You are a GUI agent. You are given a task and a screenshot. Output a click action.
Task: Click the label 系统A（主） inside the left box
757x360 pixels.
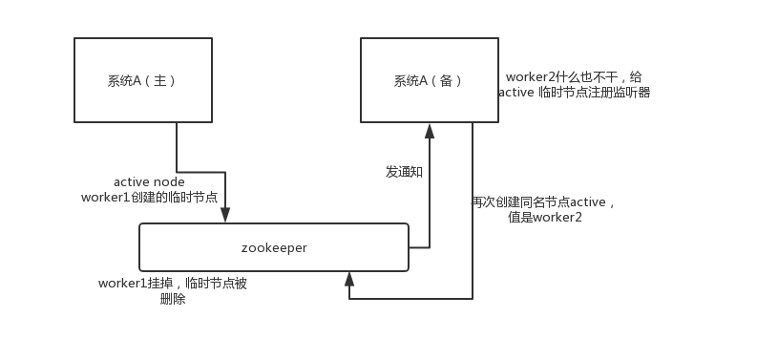(x=142, y=81)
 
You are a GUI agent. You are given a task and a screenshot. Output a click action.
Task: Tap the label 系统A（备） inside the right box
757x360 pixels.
(x=429, y=81)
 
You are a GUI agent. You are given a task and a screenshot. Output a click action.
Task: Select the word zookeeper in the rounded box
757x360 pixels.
(x=274, y=247)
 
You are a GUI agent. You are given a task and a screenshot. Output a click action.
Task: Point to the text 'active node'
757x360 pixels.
(x=149, y=181)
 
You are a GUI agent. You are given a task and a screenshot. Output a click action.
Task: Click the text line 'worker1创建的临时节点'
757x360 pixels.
(x=149, y=197)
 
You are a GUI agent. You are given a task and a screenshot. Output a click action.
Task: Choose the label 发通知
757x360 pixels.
(x=404, y=172)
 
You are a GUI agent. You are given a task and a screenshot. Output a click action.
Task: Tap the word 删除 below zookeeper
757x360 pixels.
(x=173, y=299)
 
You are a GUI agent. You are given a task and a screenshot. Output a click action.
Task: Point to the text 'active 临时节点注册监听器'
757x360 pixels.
(x=574, y=93)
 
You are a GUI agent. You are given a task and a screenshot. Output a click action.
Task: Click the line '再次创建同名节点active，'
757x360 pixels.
(x=544, y=201)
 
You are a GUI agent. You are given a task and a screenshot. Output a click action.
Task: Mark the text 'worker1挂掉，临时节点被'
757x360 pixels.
(x=173, y=284)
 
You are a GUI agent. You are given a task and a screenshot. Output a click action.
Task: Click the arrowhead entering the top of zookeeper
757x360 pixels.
(x=225, y=216)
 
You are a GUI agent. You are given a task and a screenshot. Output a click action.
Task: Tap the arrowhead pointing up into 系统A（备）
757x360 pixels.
(x=430, y=130)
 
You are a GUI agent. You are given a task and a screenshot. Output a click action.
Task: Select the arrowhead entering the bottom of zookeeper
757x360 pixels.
(x=349, y=279)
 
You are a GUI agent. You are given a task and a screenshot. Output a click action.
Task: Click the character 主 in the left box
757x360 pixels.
(x=159, y=81)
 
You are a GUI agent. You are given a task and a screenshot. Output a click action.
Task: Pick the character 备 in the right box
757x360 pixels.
(x=446, y=81)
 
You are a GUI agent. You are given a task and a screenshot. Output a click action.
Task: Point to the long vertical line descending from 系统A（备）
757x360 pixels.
(x=473, y=210)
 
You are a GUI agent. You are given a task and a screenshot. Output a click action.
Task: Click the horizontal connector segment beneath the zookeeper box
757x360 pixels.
(x=410, y=299)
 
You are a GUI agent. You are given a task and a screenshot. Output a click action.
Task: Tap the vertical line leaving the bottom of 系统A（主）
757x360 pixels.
(x=177, y=147)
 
